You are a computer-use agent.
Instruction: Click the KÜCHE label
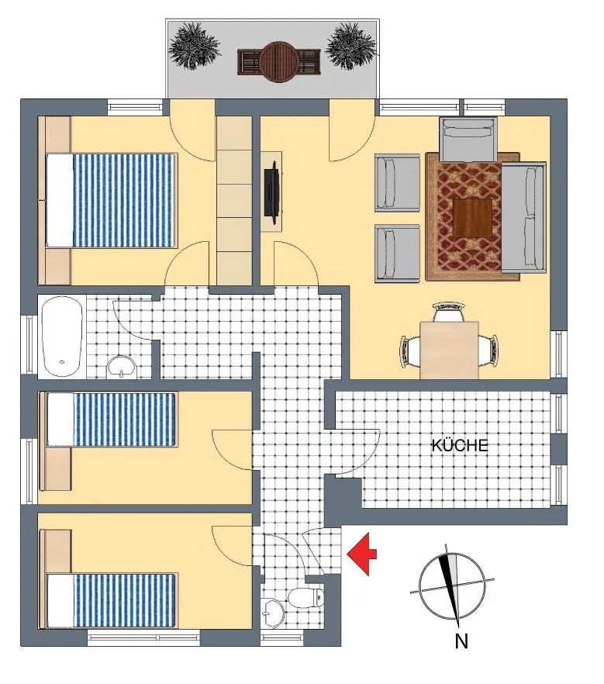[x=460, y=445]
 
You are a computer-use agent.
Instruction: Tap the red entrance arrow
[x=361, y=554]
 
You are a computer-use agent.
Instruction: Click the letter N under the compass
[x=461, y=641]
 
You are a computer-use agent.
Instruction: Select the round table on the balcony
[x=278, y=61]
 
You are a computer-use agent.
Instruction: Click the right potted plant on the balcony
[x=350, y=46]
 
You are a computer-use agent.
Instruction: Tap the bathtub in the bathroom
[x=62, y=336]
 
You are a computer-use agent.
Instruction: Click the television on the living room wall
[x=273, y=192]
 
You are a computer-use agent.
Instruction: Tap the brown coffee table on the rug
[x=472, y=218]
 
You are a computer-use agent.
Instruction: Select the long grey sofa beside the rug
[x=523, y=218]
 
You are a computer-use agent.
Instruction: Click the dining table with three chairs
[x=449, y=350]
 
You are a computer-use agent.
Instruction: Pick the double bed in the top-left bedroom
[x=112, y=200]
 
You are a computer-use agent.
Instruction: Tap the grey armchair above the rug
[x=468, y=139]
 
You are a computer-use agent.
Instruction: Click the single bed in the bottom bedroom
[x=111, y=601]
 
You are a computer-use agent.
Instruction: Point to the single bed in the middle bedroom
[x=111, y=420]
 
